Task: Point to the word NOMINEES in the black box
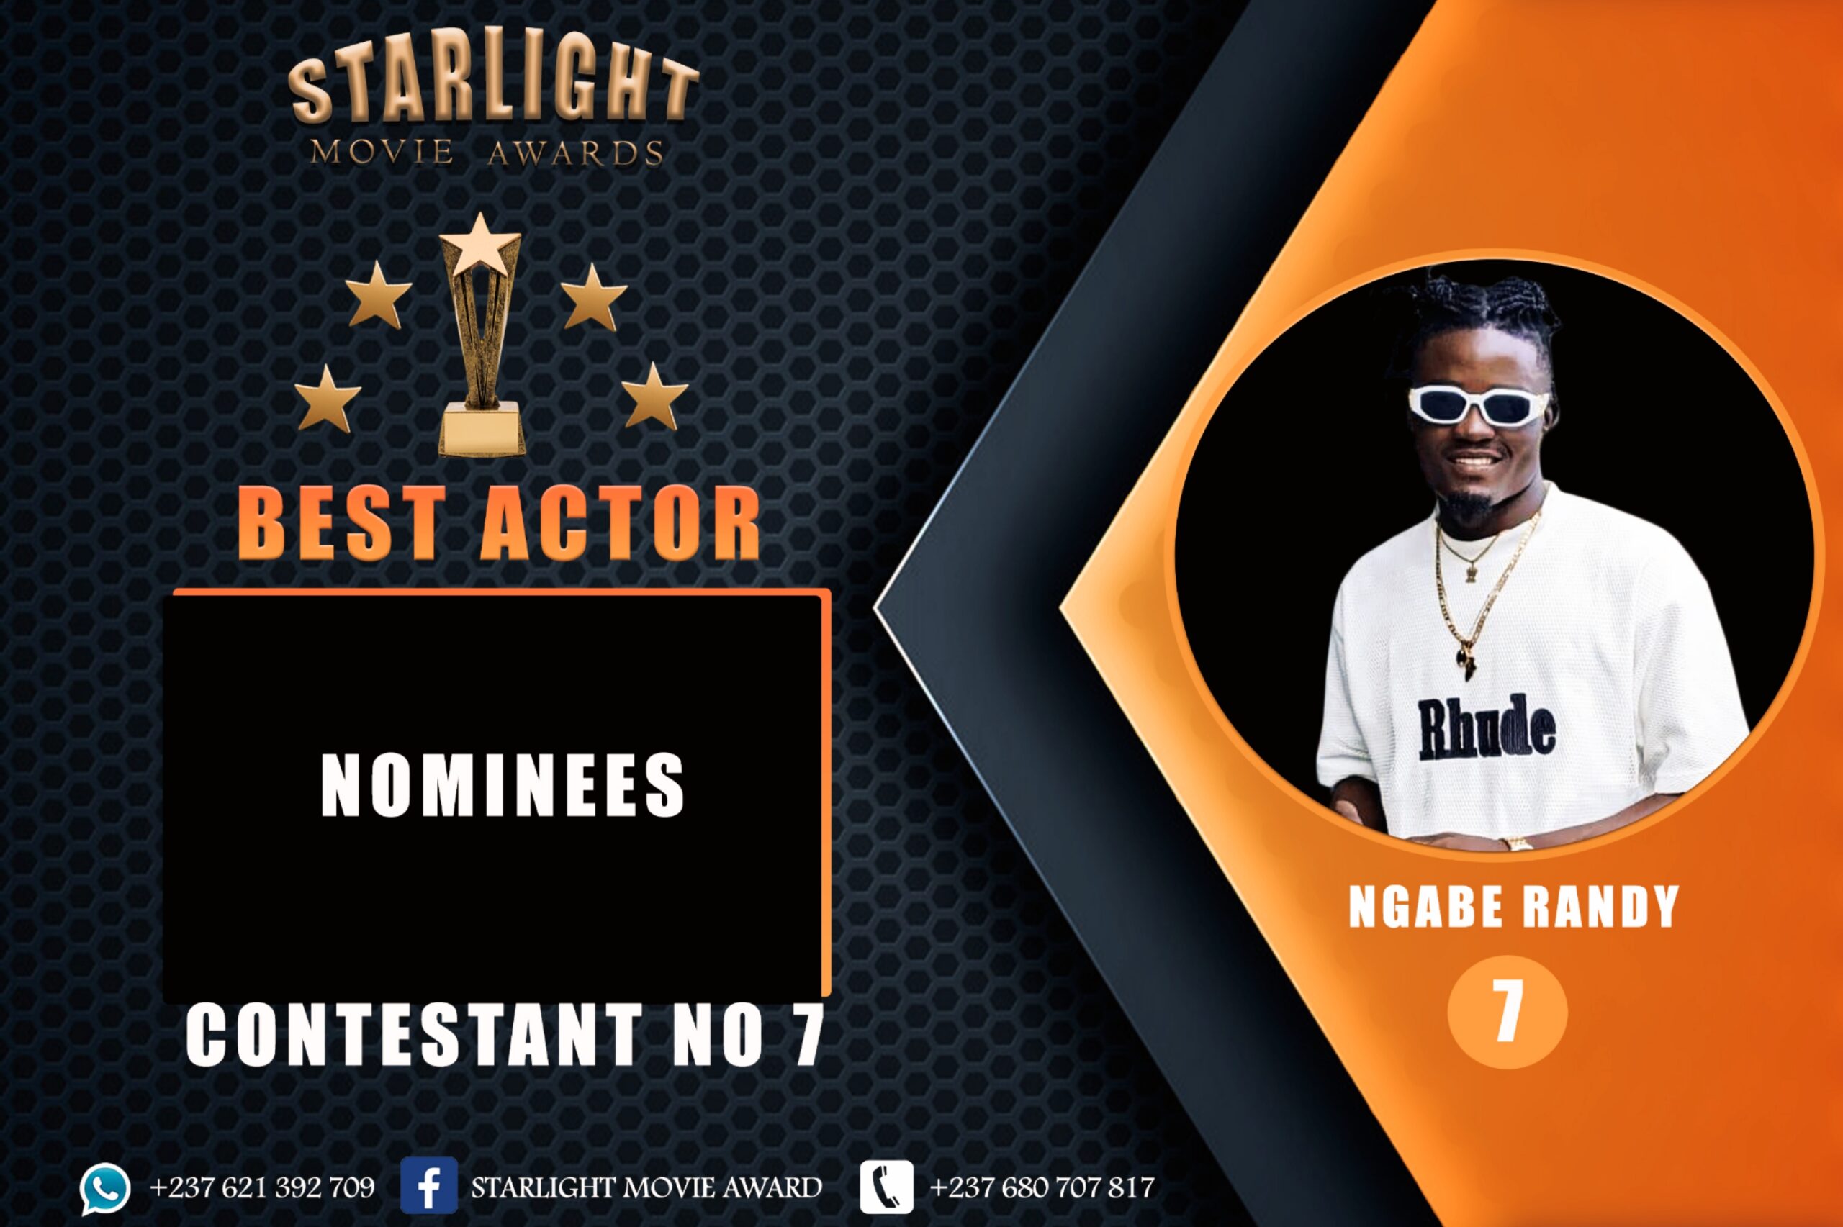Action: tap(503, 786)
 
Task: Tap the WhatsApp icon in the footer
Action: tap(104, 1189)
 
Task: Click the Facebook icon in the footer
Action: tap(429, 1186)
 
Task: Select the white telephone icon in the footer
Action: tap(886, 1186)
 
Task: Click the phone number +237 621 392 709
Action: tap(262, 1187)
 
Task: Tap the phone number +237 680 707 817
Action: tap(1042, 1187)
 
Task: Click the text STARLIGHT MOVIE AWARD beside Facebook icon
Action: tap(646, 1187)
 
